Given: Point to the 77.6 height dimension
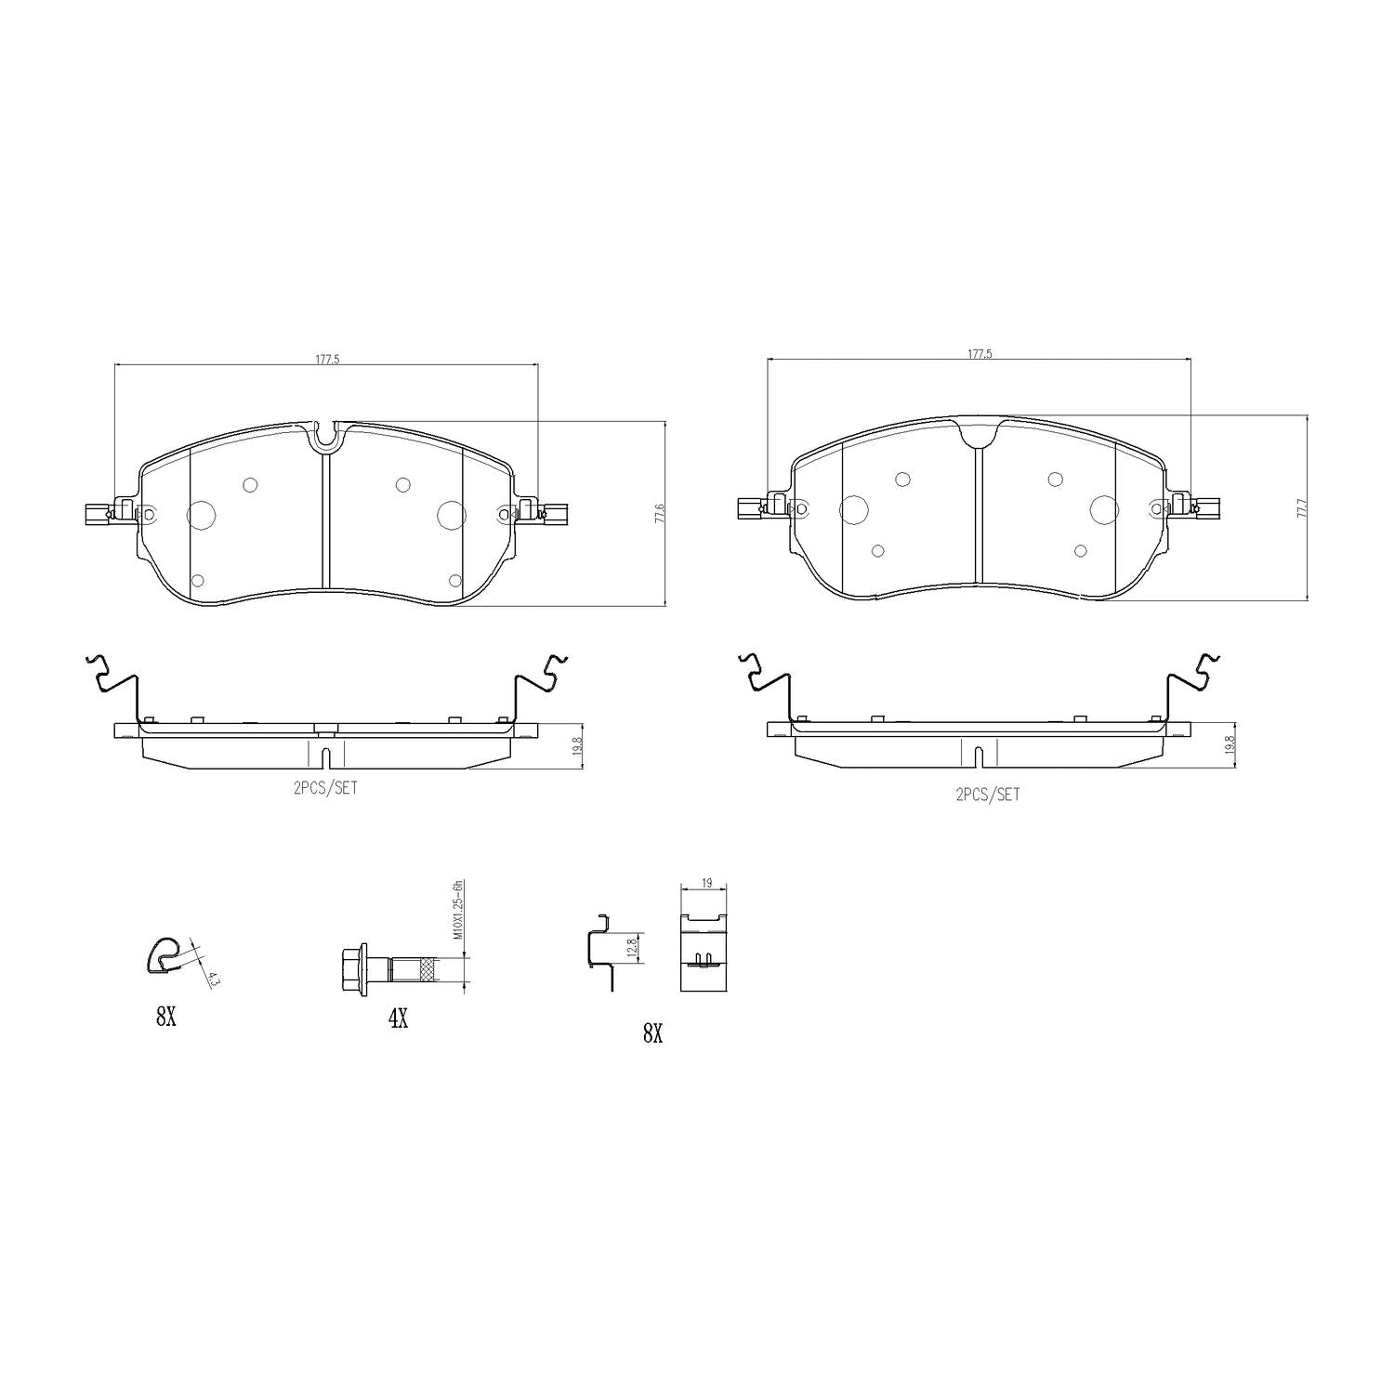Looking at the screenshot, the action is point(660,515).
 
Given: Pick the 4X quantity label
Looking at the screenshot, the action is point(398,1019).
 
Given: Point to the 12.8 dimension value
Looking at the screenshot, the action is point(631,949).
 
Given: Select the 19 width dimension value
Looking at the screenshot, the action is point(707,884).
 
